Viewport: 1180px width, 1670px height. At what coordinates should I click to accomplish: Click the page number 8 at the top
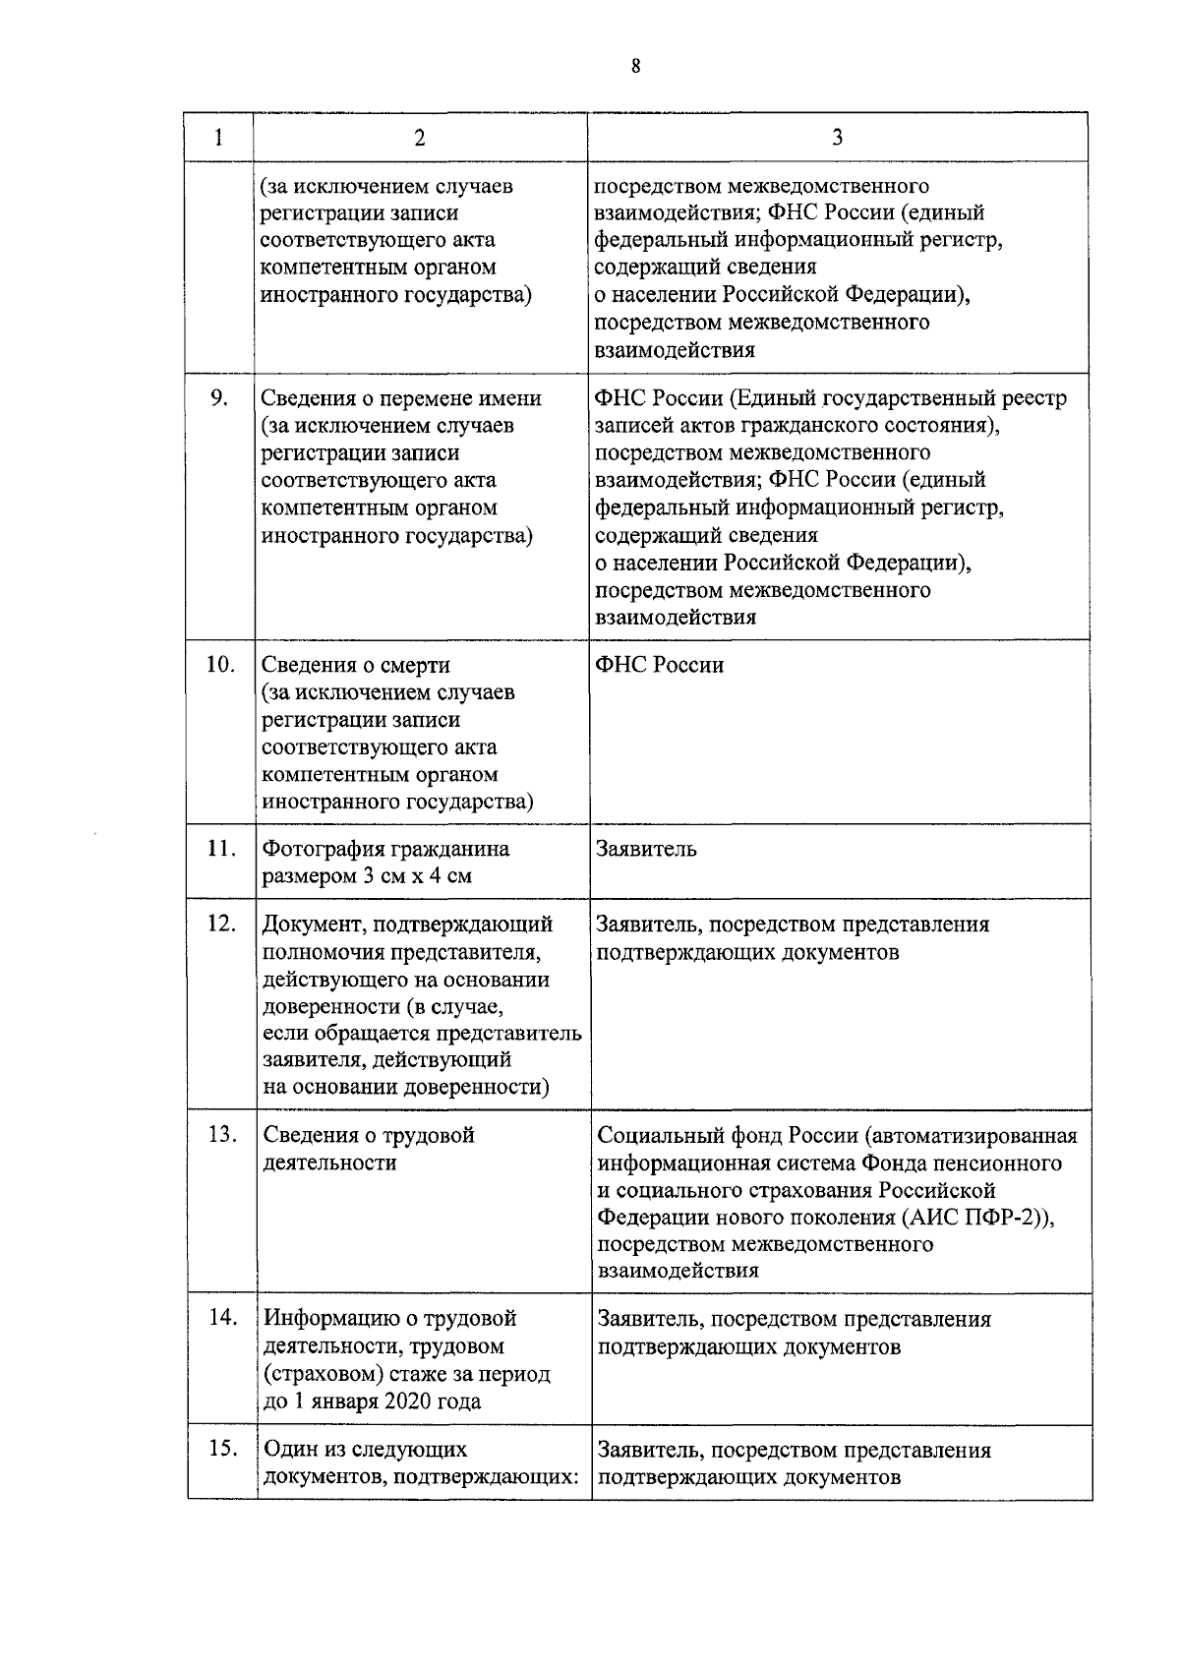pos(636,67)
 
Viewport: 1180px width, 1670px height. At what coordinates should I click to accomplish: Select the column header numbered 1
pos(218,137)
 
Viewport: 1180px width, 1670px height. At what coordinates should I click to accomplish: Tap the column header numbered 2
pos(420,137)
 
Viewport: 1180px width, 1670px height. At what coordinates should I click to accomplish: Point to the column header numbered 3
pos(837,137)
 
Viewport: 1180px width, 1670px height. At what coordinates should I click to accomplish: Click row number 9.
pos(219,397)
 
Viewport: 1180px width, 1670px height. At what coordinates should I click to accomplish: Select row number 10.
pos(219,664)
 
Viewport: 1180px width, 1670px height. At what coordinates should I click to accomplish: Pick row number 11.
pos(221,848)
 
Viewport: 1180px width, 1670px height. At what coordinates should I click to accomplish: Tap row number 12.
pos(221,924)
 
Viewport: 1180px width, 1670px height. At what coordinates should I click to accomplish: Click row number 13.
pos(223,1134)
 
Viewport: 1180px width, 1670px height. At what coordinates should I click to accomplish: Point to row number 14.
pos(225,1317)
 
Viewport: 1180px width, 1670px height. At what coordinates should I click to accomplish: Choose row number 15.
pos(225,1448)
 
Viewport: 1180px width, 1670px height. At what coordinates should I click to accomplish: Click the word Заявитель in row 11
pos(645,849)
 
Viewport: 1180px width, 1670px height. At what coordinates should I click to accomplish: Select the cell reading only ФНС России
pos(659,665)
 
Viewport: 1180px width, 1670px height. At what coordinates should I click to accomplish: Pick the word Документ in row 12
pos(309,924)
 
